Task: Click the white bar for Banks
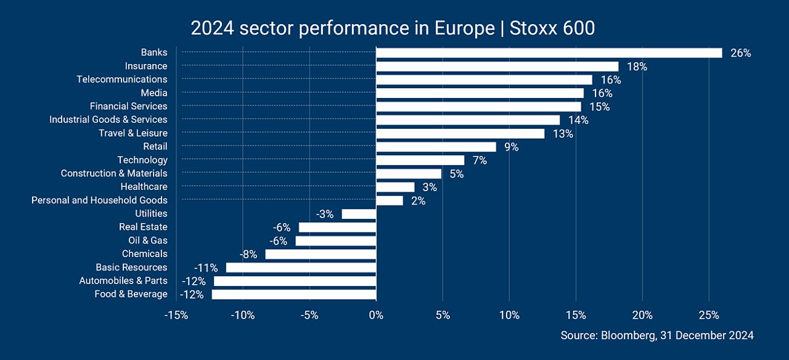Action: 549,53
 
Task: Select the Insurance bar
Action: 497,67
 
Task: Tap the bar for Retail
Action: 436,147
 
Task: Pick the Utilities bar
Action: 359,214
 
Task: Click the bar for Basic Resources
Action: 301,268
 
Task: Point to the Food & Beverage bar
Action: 294,295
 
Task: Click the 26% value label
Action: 741,53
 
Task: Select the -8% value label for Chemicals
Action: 248,255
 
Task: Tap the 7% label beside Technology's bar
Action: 480,161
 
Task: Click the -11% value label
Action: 206,268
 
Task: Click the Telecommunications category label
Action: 122,80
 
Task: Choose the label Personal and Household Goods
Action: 99,200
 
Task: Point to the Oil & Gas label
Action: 148,240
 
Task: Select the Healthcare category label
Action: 144,187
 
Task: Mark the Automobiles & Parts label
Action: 123,280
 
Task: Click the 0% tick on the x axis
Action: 376,315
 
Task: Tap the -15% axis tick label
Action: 176,315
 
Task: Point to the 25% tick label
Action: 709,315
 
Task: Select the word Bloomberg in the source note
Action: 629,335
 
